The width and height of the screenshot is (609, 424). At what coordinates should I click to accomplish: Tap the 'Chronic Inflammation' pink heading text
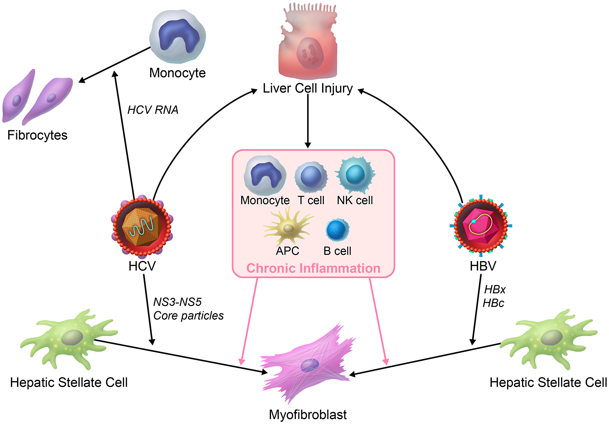coord(313,268)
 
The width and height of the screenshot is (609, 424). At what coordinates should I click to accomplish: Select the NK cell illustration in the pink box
coord(355,175)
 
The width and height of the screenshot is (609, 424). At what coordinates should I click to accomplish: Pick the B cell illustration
coord(337,230)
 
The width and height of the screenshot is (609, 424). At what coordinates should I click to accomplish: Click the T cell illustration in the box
coord(311,177)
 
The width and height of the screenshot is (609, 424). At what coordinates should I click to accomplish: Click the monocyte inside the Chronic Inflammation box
coord(265,175)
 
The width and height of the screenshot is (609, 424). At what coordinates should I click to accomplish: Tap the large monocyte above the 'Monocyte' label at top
coord(178,37)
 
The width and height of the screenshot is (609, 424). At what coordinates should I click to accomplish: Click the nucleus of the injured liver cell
coord(310,54)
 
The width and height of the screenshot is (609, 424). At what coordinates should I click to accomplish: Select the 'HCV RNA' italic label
coord(153,110)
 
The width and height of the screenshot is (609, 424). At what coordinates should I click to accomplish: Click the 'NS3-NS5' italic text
coord(177,302)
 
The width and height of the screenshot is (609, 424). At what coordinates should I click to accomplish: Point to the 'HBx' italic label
coord(495,289)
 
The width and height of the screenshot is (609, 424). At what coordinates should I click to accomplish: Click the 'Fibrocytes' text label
coord(37,135)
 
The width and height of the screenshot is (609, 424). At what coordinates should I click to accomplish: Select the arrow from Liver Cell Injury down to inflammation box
coord(308,122)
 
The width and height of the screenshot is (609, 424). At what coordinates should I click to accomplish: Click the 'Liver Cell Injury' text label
coord(308,88)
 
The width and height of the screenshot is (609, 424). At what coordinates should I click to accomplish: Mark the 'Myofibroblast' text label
coord(308,415)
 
